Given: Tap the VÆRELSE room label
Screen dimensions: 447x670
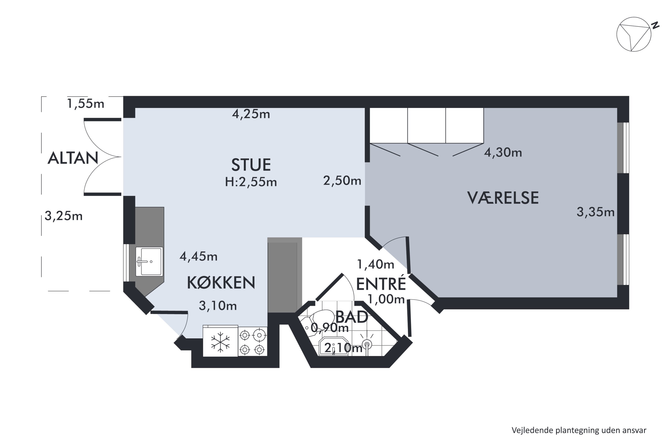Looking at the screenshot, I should tap(503, 198).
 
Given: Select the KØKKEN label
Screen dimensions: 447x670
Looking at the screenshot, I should tap(221, 283).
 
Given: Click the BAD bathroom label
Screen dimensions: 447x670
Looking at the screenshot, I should tap(352, 317).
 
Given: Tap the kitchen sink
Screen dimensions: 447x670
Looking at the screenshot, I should tap(149, 261).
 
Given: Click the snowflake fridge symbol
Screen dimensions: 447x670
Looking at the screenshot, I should tap(220, 342).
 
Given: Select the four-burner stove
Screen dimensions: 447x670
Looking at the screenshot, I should tap(252, 342).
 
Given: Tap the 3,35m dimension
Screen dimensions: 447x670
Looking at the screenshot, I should tap(595, 212).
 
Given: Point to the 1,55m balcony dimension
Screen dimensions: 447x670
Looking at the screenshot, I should tap(86, 103).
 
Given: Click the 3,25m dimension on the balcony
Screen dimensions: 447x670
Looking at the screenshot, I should tap(63, 216).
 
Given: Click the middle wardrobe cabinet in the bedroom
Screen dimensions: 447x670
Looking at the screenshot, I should tap(426, 125).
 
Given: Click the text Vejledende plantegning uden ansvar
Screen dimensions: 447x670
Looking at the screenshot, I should tap(579, 430).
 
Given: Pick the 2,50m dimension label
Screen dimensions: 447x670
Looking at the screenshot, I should tap(342, 181).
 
